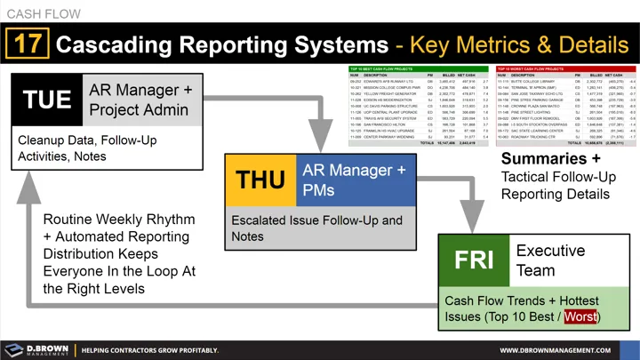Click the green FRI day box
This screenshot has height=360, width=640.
(473, 260)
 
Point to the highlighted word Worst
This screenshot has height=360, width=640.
(580, 317)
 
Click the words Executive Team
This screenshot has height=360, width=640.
(551, 260)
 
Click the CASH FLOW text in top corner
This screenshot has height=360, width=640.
(42, 12)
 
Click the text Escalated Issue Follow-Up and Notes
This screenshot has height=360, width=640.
(316, 228)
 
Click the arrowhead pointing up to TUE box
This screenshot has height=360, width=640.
(29, 181)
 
